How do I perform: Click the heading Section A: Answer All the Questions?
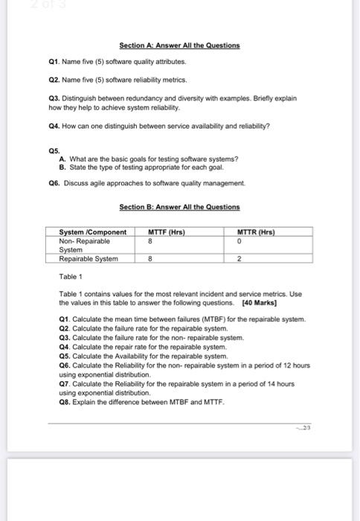coord(180,45)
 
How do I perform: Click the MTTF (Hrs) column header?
coord(168,232)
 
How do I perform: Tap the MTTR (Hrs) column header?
coord(256,232)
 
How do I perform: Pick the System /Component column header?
coord(93,232)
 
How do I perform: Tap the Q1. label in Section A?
coord(51,64)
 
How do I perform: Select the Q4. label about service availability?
coord(51,126)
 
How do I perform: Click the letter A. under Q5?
coord(61,158)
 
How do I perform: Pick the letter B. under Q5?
coord(61,165)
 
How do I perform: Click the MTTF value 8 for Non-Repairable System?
coord(150,241)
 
